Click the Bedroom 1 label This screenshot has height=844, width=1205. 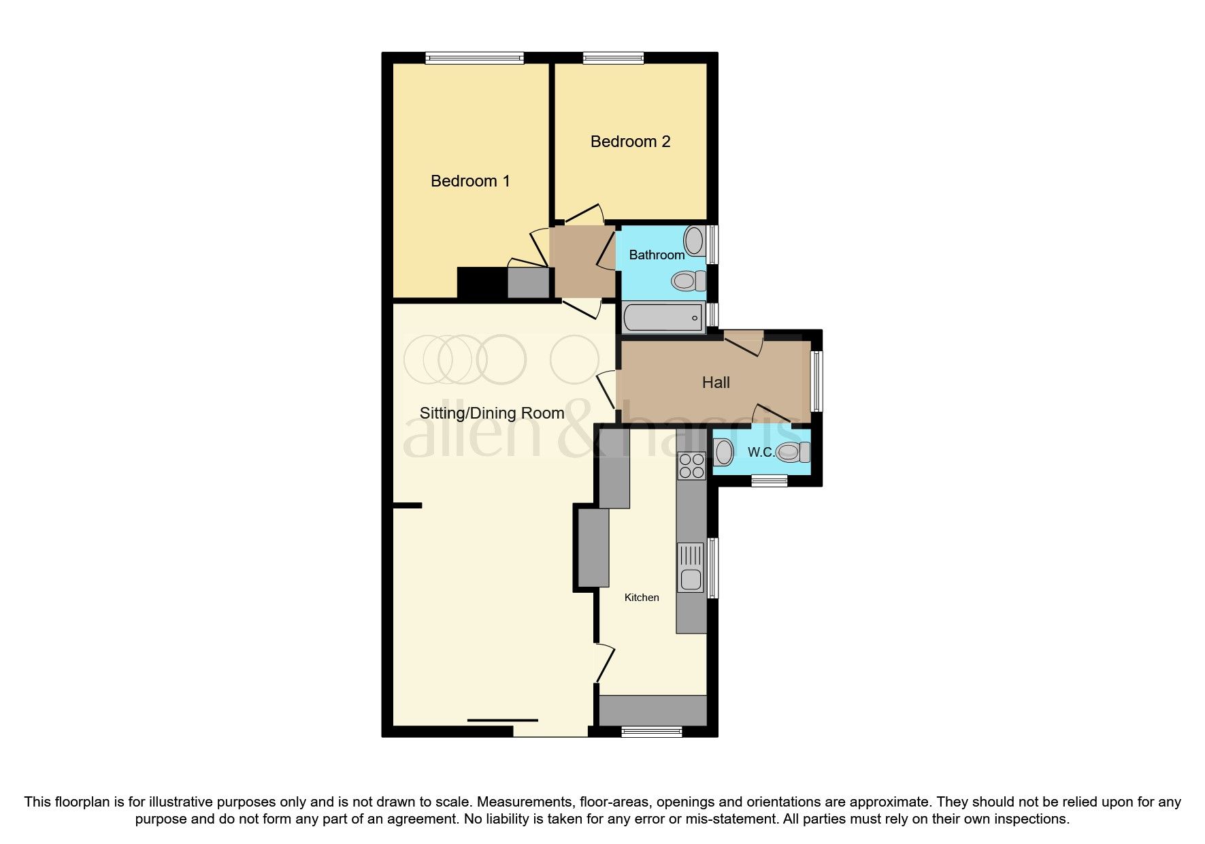[470, 181]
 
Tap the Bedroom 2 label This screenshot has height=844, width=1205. [630, 142]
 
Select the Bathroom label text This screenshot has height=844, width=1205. [657, 255]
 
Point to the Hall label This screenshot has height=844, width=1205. [716, 383]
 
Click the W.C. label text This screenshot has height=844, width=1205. [761, 453]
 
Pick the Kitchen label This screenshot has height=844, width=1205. [642, 598]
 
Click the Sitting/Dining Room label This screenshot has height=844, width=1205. [492, 413]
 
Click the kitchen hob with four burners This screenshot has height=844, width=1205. [691, 466]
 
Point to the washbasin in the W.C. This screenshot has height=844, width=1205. [723, 451]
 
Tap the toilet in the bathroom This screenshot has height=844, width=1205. [687, 280]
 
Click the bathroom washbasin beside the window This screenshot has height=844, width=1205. [695, 240]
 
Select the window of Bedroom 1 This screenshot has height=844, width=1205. [474, 59]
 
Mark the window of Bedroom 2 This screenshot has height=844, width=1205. [613, 59]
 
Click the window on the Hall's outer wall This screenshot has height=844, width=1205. [816, 381]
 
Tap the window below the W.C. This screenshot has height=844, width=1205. [770, 481]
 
